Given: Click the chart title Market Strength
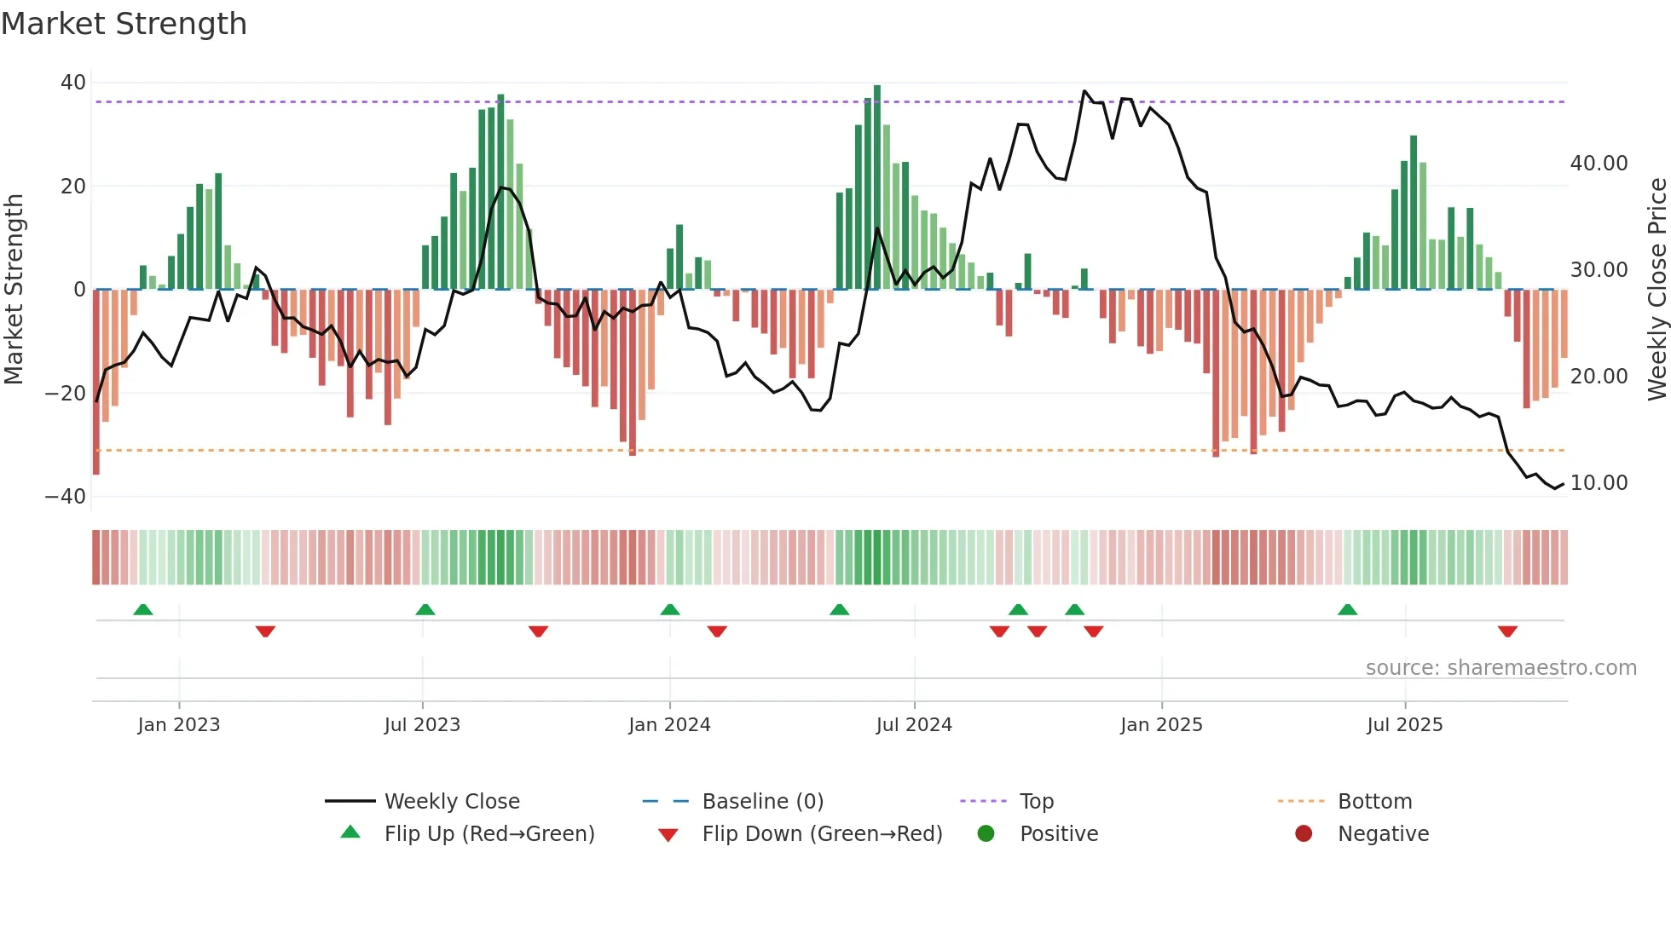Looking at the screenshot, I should [x=124, y=24].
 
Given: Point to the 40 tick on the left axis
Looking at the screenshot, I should [x=73, y=83].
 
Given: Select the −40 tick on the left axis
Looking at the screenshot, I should [x=66, y=497].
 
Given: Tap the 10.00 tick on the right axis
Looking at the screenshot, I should [x=1599, y=483].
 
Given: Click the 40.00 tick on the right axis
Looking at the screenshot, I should [x=1599, y=164].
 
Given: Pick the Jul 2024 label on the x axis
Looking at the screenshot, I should [x=914, y=725].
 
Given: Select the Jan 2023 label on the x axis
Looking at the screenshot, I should [x=179, y=725].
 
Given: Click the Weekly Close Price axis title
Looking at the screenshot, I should [x=1657, y=290].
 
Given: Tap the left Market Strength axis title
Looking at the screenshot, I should [x=14, y=290].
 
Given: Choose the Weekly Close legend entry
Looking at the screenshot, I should [x=451, y=802].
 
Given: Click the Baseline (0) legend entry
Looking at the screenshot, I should [x=762, y=802].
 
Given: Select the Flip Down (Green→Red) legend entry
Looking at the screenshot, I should [x=822, y=834].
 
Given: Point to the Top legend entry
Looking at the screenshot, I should [x=1036, y=802].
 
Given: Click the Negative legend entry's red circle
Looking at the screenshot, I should [x=1304, y=834].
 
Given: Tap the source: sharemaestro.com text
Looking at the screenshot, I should [x=1500, y=668].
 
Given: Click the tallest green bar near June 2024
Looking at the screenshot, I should [x=877, y=187].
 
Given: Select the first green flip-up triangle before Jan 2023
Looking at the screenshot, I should [x=143, y=610].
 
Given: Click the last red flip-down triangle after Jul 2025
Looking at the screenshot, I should [x=1507, y=631].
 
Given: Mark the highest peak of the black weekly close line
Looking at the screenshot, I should [x=1084, y=91].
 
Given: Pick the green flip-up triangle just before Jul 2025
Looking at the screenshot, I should [x=1348, y=610].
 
